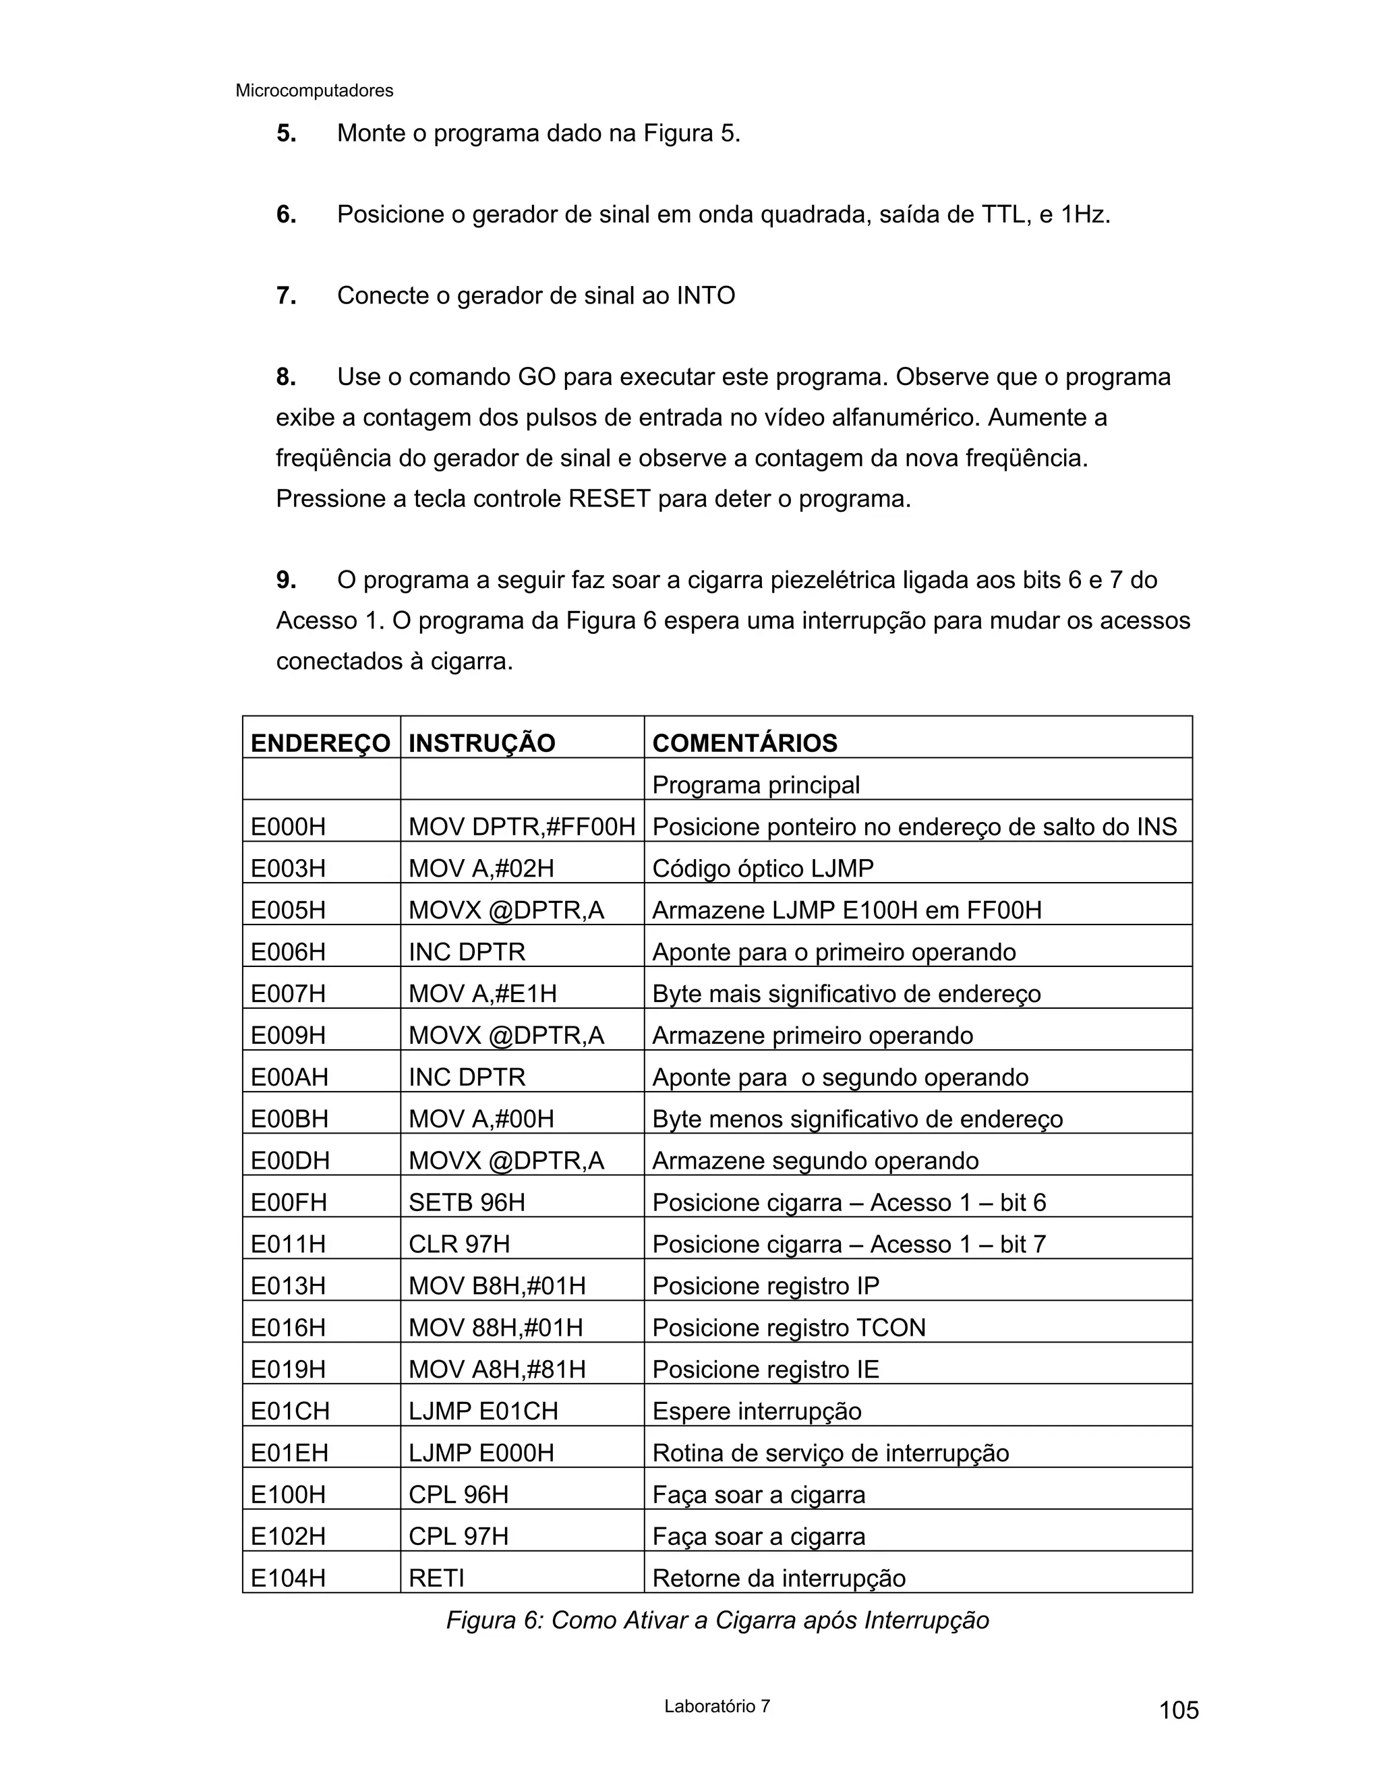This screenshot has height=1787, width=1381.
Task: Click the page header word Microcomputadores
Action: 314,91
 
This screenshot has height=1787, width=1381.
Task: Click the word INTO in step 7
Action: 705,295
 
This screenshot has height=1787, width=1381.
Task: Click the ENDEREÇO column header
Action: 320,743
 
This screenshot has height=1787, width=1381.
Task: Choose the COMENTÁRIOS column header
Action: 744,743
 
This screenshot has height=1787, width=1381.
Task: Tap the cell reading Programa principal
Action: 755,785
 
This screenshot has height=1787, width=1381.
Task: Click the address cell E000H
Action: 288,827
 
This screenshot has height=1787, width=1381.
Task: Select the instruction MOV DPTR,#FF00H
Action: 521,827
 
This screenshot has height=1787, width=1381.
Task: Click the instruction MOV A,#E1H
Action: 482,993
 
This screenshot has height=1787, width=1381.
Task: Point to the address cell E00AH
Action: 289,1077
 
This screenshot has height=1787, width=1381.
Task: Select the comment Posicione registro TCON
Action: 789,1327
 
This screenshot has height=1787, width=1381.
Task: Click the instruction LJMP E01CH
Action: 483,1411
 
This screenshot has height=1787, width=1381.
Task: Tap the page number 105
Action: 1178,1710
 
